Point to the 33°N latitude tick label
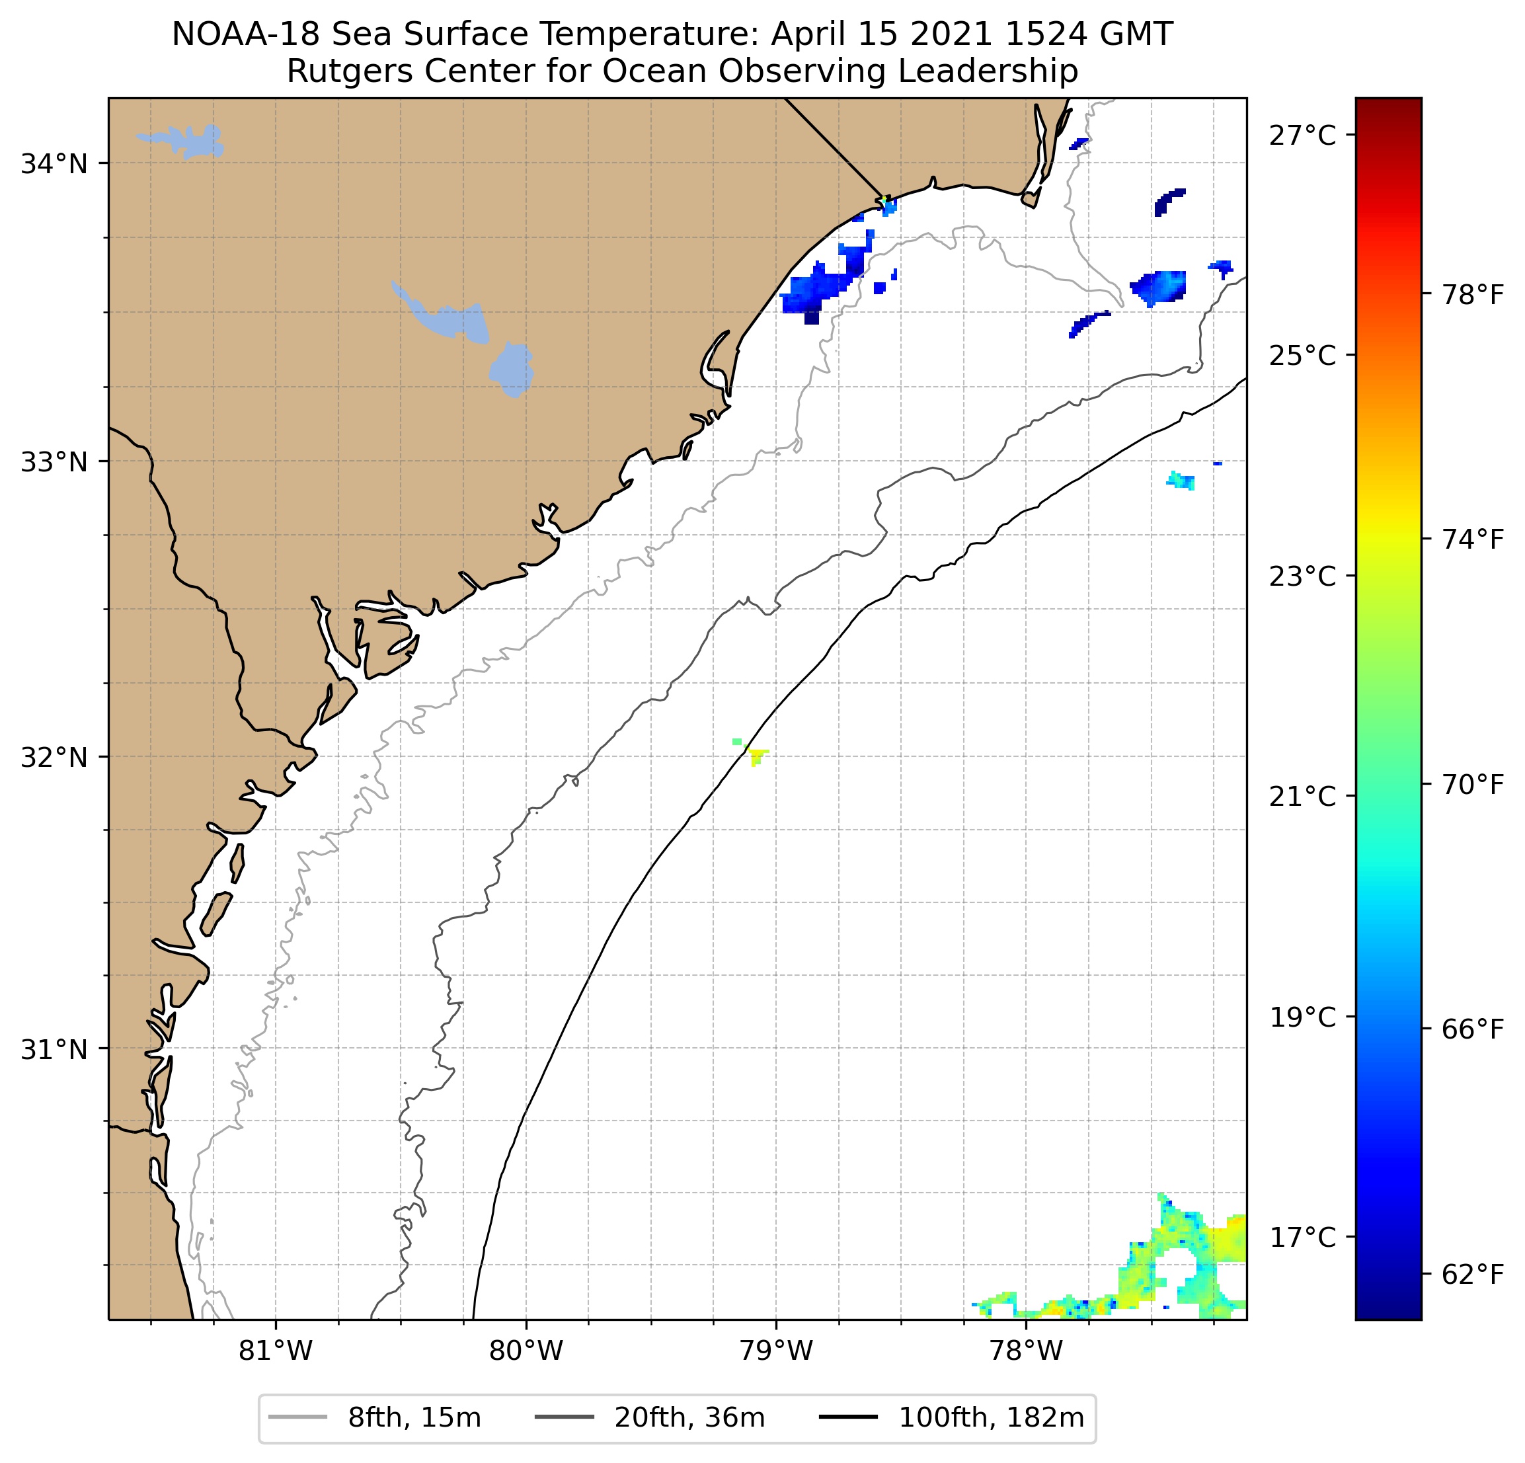tap(54, 462)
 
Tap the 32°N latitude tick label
tap(54, 757)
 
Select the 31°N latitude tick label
tap(54, 1050)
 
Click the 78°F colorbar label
tap(1473, 296)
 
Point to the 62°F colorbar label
tap(1473, 1275)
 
